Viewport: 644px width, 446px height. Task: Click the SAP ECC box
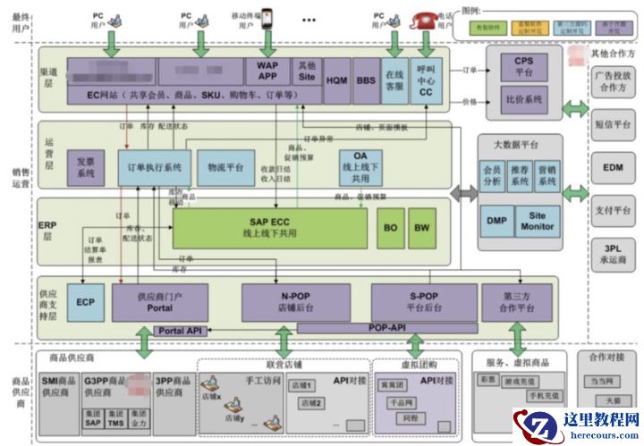(x=268, y=229)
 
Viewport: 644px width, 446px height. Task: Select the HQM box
(x=337, y=79)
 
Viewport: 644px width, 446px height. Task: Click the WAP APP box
(x=268, y=71)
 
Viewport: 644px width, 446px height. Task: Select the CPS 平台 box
(x=523, y=65)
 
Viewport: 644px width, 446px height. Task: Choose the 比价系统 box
(x=523, y=100)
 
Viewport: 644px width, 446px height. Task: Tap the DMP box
(x=496, y=221)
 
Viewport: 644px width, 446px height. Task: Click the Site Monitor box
(x=538, y=221)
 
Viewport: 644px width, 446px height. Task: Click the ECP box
(x=86, y=302)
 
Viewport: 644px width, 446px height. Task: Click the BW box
(x=421, y=229)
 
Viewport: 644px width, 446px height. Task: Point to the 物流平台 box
(x=225, y=167)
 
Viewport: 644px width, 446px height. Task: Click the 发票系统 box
(x=86, y=166)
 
